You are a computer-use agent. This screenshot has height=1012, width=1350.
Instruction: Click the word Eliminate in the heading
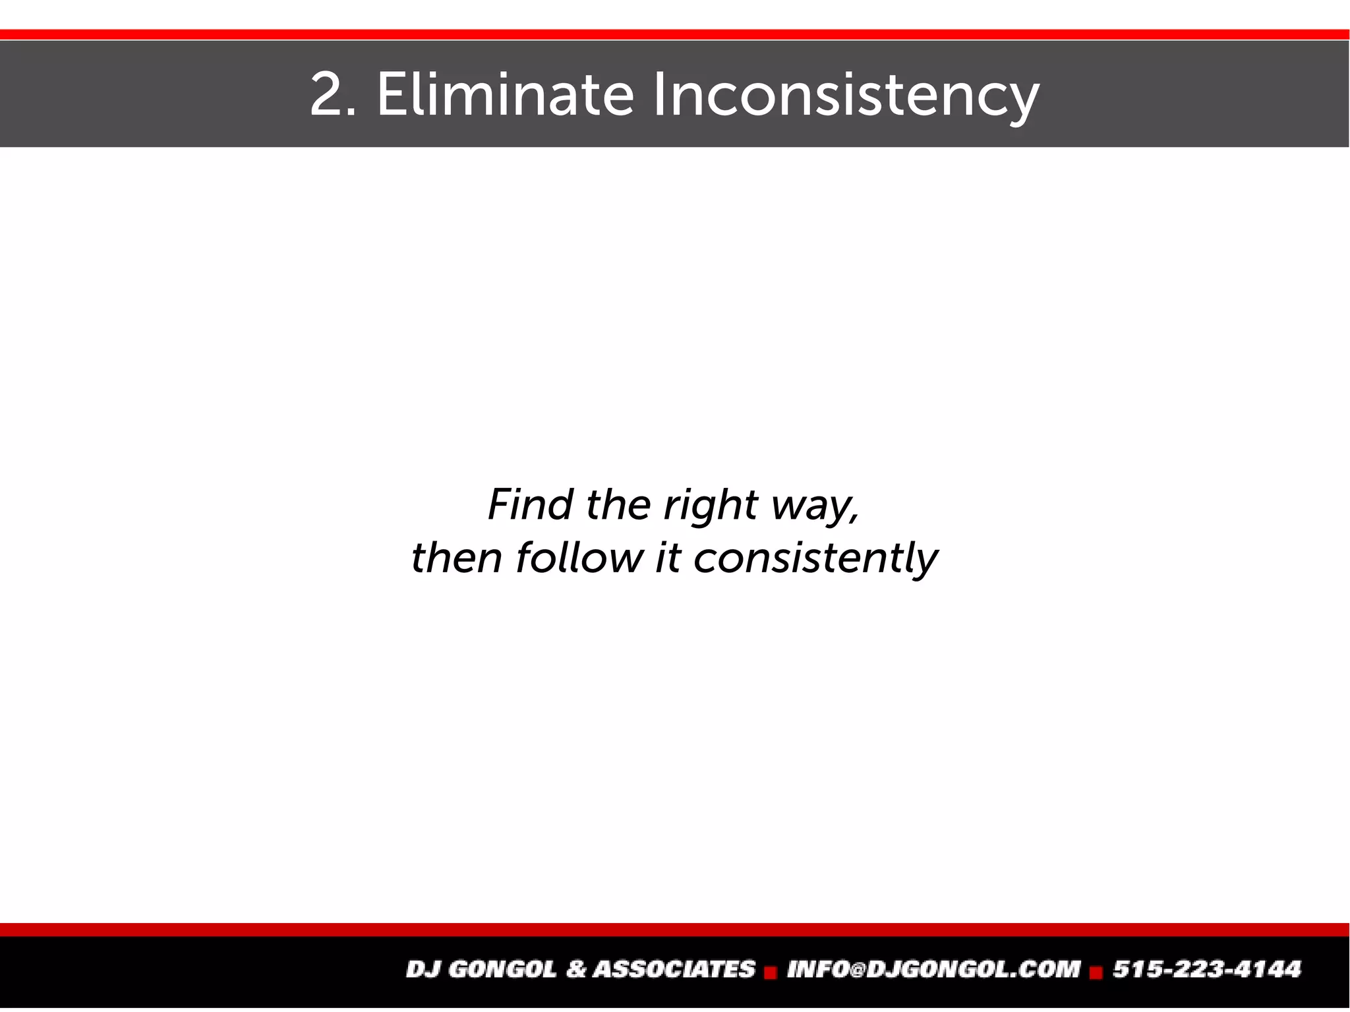[505, 95]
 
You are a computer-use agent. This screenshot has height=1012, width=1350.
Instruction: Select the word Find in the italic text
[530, 504]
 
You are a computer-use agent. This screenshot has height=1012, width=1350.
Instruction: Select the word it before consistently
[667, 558]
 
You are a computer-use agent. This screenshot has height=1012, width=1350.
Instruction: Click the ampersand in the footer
[575, 969]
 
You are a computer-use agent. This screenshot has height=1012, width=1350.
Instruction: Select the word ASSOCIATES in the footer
[674, 969]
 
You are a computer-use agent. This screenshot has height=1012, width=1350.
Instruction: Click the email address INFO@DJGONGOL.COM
[933, 969]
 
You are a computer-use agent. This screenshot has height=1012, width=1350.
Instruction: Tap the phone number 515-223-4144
[1207, 969]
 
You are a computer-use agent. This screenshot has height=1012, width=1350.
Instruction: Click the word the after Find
[618, 504]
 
